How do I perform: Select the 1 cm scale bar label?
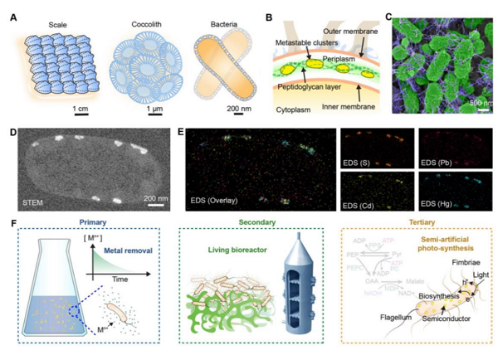81,110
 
